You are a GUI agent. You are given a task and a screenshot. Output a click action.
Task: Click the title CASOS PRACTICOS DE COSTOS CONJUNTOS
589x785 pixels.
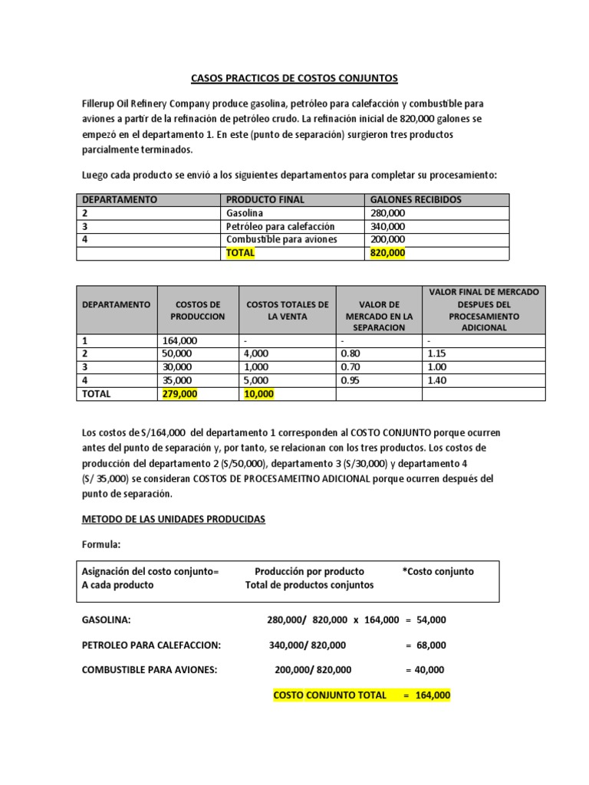(x=294, y=78)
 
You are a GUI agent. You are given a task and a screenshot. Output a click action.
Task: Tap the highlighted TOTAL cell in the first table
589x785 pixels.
(x=240, y=252)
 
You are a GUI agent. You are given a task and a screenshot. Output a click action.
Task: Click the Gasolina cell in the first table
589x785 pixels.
(x=243, y=213)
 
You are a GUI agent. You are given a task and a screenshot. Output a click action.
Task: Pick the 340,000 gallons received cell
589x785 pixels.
(x=388, y=226)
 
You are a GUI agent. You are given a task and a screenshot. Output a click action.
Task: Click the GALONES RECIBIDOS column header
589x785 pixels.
(x=416, y=199)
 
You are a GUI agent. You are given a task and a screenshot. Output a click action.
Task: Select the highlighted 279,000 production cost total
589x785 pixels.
(x=180, y=394)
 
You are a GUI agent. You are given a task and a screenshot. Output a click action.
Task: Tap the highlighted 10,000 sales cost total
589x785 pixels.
(x=259, y=394)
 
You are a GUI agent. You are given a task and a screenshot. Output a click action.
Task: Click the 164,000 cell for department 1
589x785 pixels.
(x=180, y=341)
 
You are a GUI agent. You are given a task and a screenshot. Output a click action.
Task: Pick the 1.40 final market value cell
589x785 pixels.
(x=436, y=380)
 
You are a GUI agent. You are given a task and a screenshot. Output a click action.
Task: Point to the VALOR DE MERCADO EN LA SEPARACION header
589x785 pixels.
(x=379, y=310)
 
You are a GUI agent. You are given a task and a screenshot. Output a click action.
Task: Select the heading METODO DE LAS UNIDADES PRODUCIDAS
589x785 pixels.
(x=173, y=519)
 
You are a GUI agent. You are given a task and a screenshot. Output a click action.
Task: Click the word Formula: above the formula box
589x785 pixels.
(x=102, y=544)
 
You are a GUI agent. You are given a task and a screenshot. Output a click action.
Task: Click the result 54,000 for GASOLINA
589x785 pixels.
(x=432, y=619)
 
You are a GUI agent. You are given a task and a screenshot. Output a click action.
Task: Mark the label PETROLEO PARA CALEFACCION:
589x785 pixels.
(x=151, y=645)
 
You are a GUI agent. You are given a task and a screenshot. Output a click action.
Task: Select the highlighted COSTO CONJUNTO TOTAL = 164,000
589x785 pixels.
(x=362, y=695)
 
